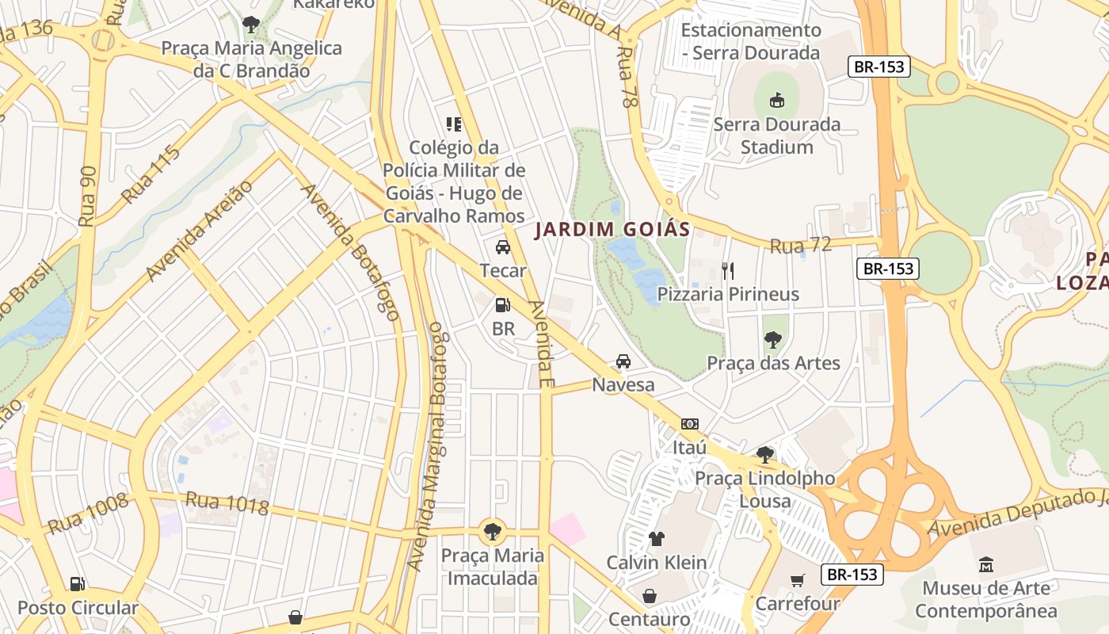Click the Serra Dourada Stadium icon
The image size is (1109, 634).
point(777,101)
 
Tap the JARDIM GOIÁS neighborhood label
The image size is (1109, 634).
point(612,230)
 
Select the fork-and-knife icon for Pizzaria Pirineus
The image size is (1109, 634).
point(728,271)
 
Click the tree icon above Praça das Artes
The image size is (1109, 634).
point(772,340)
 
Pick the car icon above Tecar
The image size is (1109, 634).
point(503,247)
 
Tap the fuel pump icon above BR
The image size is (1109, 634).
point(502,305)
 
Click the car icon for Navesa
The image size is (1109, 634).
point(623,361)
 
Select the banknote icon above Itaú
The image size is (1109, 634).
point(689,424)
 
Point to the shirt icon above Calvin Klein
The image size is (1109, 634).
point(656,539)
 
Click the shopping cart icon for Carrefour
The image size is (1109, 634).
point(797,580)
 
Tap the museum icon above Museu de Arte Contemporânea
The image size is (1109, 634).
point(986,564)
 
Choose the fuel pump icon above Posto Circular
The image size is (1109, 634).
point(77,584)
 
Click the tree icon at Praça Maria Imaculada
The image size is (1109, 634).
point(493,531)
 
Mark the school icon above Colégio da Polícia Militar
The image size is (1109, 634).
point(454,124)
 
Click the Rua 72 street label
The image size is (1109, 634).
point(800,246)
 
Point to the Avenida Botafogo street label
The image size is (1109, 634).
point(349,252)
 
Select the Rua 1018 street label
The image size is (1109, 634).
point(227,502)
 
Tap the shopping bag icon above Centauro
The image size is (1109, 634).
point(649,596)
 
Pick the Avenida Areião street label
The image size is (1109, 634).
point(199,231)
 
